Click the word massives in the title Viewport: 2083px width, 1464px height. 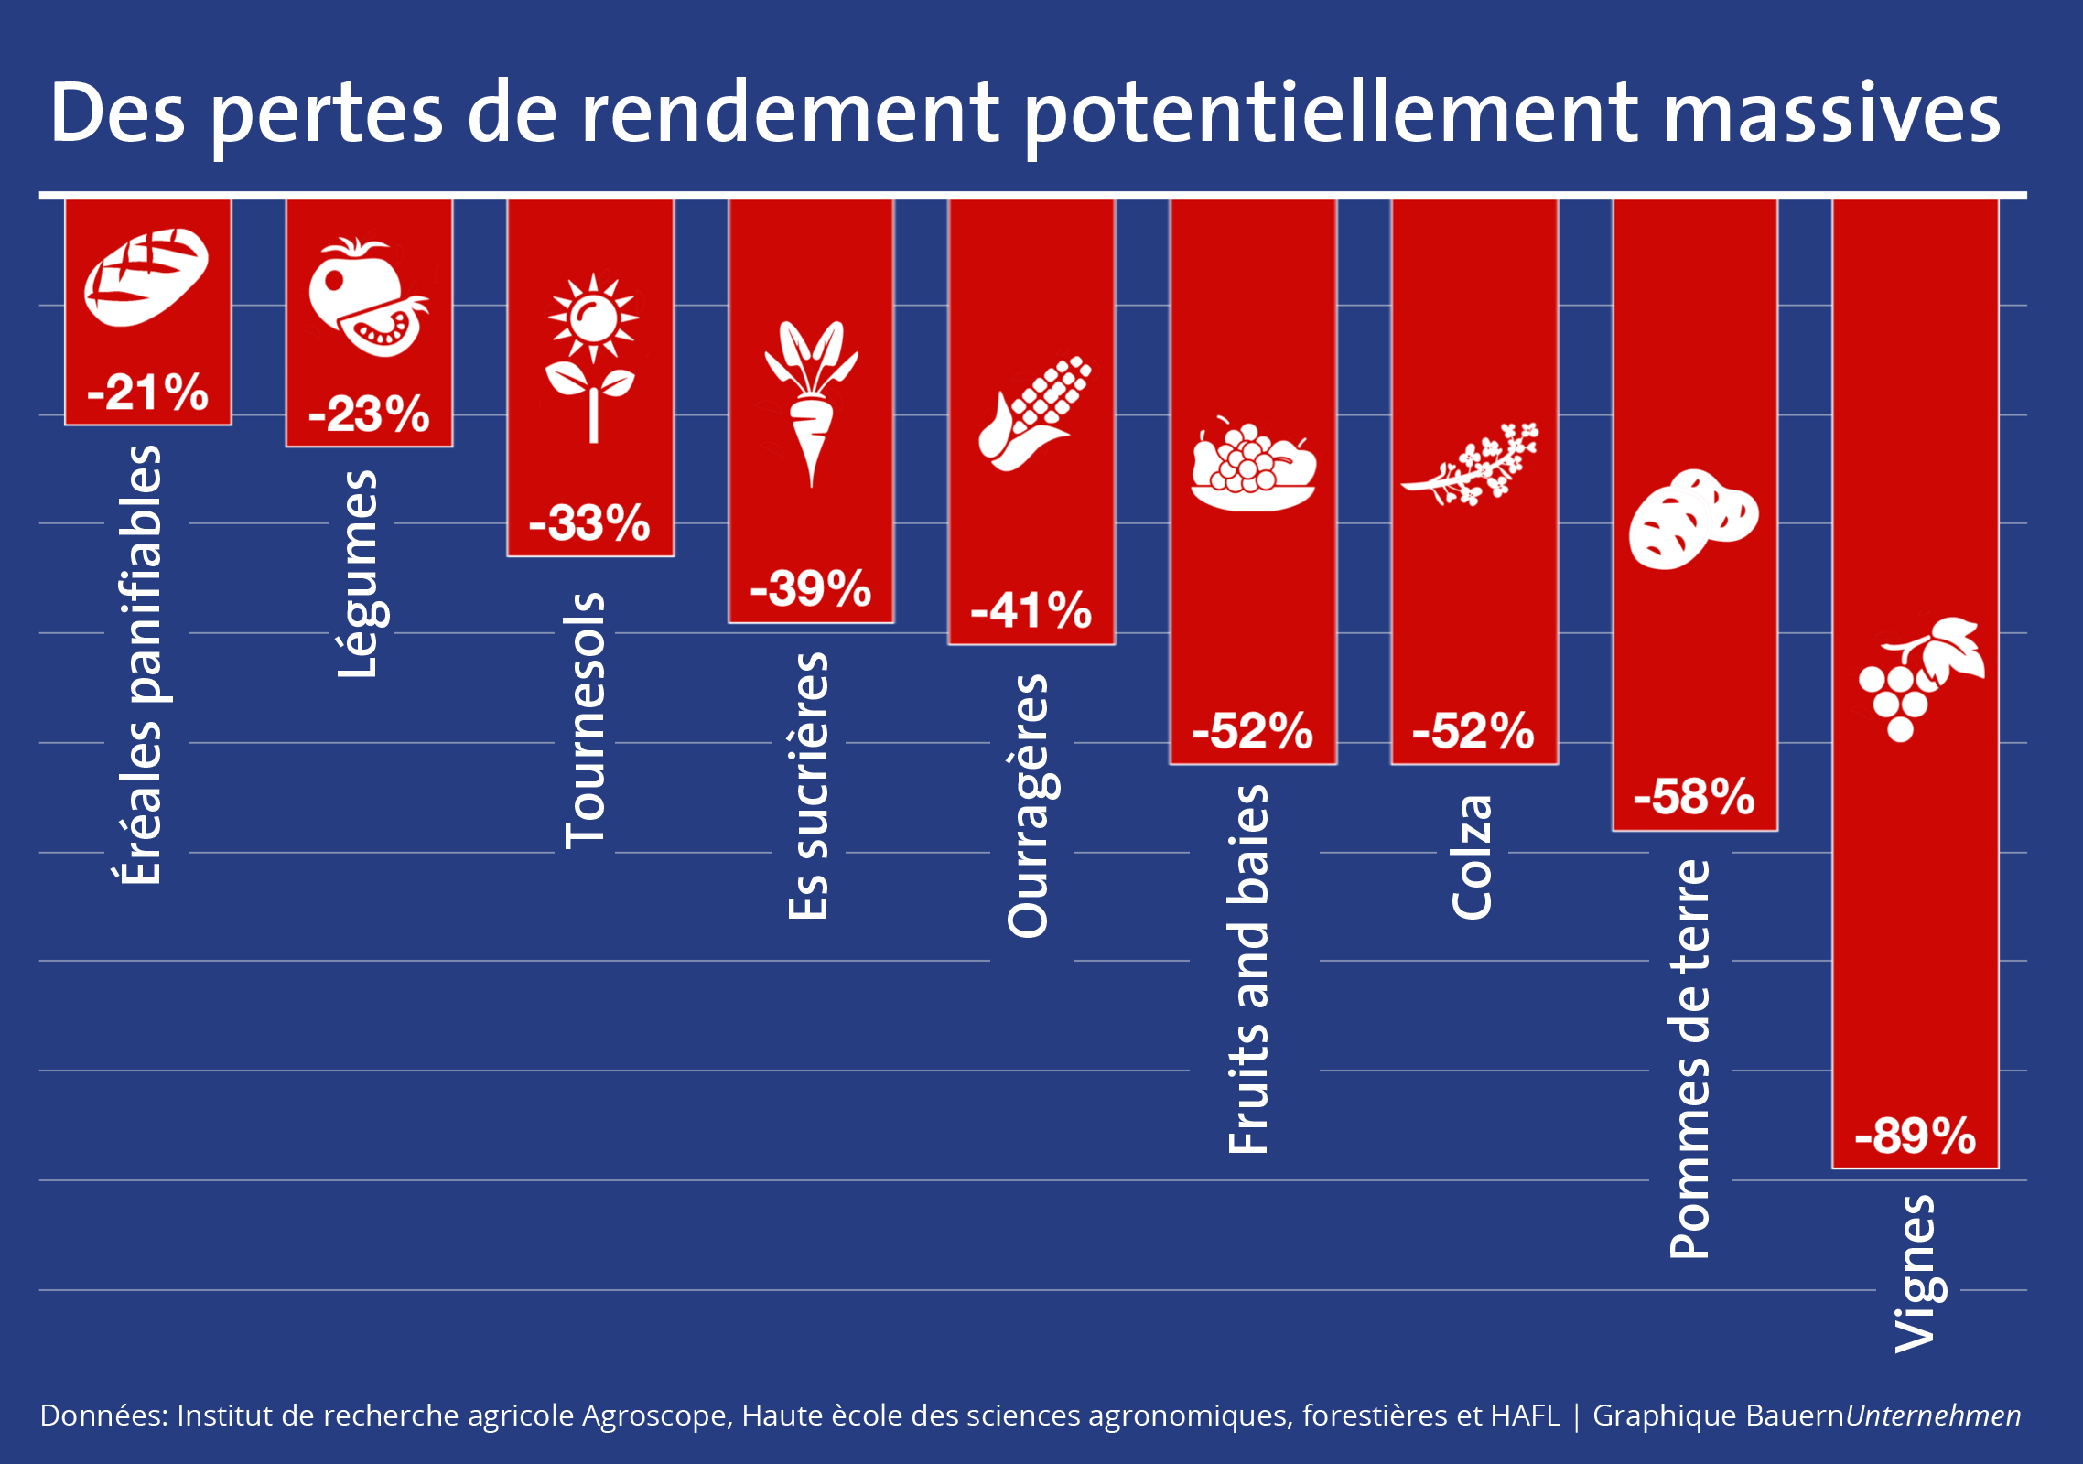(1831, 113)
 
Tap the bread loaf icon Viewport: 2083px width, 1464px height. (146, 276)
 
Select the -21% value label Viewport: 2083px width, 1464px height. (147, 393)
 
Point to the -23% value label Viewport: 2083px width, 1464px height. (369, 414)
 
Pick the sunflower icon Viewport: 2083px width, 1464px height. (592, 357)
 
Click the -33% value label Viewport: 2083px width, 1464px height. (589, 523)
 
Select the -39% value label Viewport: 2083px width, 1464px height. (810, 588)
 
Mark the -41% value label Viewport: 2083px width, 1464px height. (1031, 610)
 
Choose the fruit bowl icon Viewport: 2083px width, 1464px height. (1253, 466)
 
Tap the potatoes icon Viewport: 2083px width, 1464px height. (1693, 519)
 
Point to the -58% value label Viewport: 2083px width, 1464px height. (1694, 797)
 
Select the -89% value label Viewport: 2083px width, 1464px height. (1915, 1136)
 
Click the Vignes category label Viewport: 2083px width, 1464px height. (1916, 1274)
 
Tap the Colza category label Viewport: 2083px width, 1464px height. (1473, 856)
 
